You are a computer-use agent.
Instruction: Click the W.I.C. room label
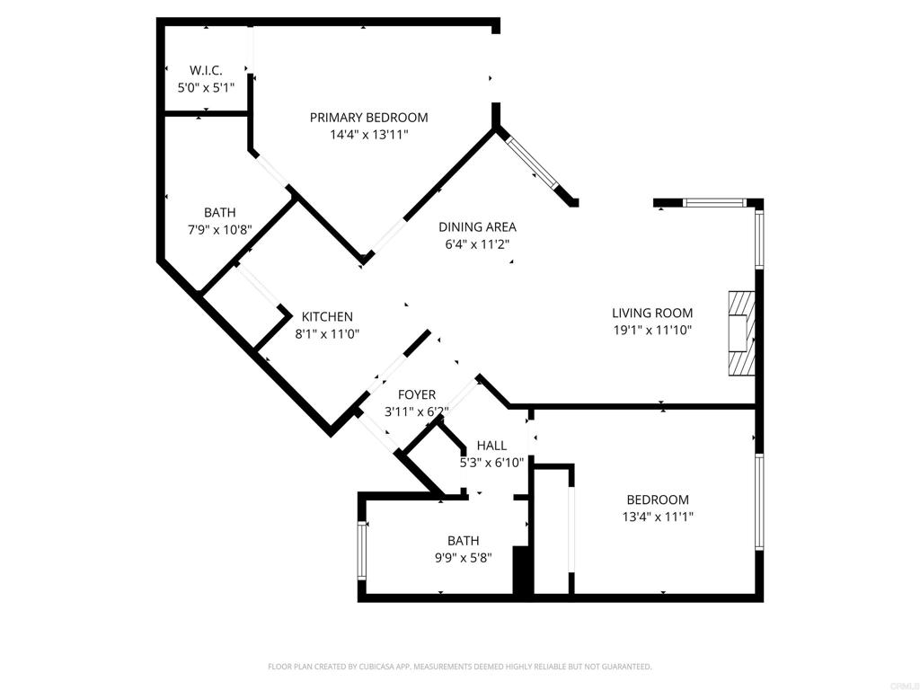(x=206, y=70)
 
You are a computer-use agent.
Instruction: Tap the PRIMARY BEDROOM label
(x=369, y=118)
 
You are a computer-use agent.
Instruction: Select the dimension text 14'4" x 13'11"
(x=369, y=135)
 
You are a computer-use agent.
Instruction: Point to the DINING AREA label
(x=478, y=226)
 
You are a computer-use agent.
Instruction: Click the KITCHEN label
(x=327, y=317)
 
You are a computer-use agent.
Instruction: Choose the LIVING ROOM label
(x=652, y=313)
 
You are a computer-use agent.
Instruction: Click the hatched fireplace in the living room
(x=741, y=333)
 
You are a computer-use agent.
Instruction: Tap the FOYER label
(x=417, y=394)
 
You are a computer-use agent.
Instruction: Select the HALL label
(x=491, y=446)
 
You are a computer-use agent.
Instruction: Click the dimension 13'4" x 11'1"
(x=658, y=517)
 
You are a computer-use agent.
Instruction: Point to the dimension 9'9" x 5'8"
(x=463, y=557)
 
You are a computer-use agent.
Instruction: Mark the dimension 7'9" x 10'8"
(x=219, y=230)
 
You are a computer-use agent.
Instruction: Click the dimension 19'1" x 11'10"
(x=652, y=331)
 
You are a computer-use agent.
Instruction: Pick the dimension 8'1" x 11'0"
(x=327, y=334)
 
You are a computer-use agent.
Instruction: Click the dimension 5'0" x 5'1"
(x=206, y=88)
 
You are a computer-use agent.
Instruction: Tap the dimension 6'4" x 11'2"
(x=478, y=244)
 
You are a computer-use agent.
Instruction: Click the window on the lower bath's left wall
(x=363, y=551)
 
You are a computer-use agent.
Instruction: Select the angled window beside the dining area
(x=534, y=164)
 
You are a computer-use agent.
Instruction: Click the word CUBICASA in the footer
(x=378, y=667)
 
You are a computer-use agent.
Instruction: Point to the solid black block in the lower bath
(x=522, y=571)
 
